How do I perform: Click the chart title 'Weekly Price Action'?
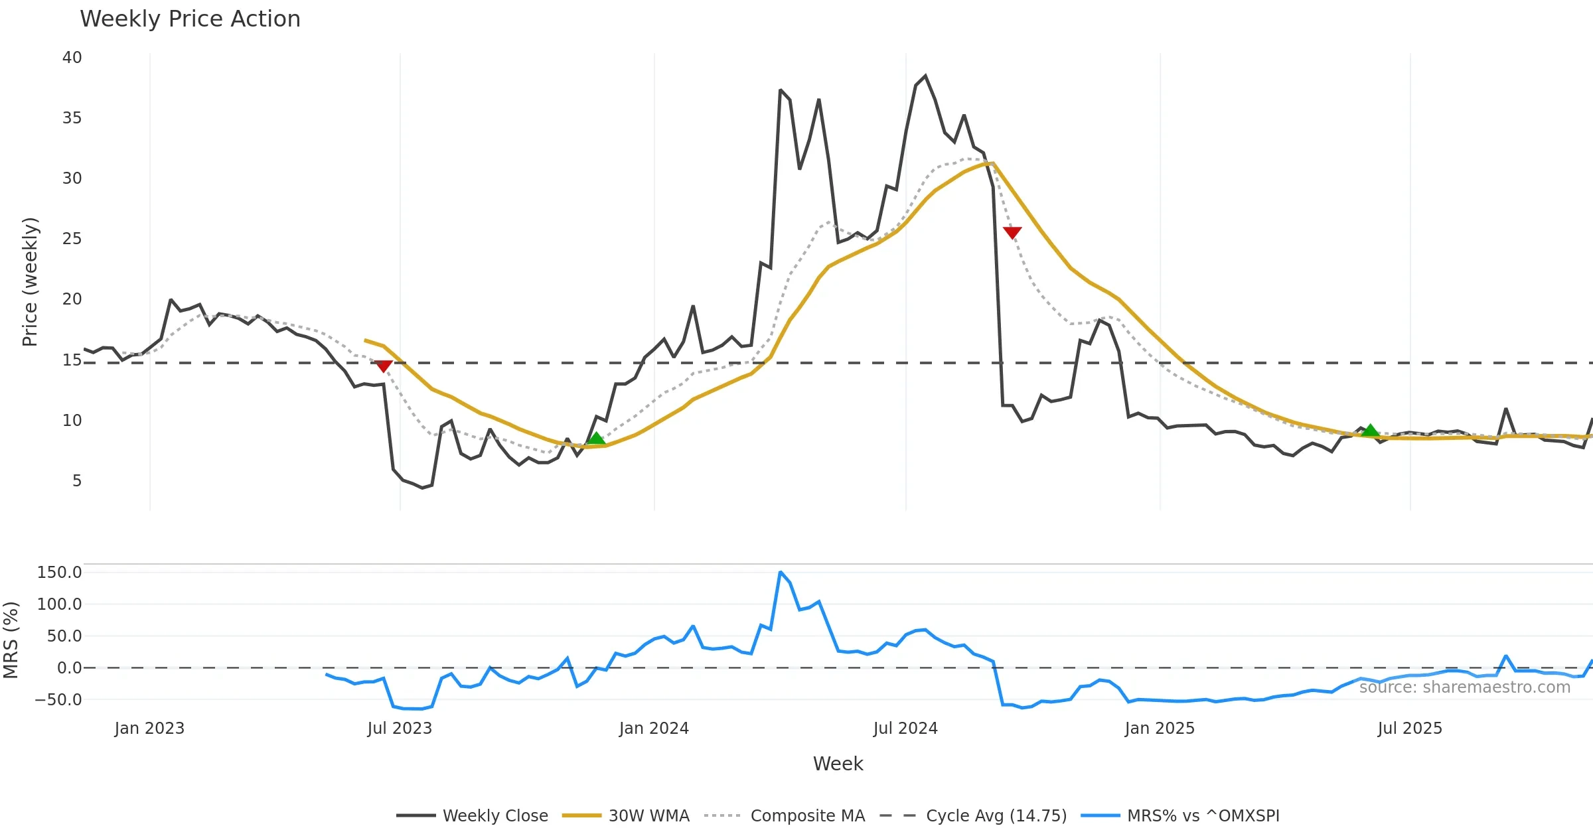pos(190,19)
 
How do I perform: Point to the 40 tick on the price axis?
pos(72,58)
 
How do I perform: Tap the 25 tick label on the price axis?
pos(72,239)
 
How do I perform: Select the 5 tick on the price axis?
pos(77,481)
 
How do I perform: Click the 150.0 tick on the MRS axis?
pos(59,573)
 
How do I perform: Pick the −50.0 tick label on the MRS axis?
pos(58,700)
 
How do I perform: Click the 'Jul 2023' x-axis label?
pos(400,729)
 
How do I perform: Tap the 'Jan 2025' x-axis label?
pos(1160,729)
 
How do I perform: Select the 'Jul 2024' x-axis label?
pos(905,729)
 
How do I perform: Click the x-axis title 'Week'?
pos(838,764)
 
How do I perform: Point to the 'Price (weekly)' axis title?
pos(31,282)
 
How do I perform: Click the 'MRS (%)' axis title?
pos(11,640)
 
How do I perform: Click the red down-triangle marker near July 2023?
pos(384,366)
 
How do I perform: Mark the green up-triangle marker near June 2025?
pos(1370,431)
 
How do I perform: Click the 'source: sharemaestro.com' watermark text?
pos(1464,687)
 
